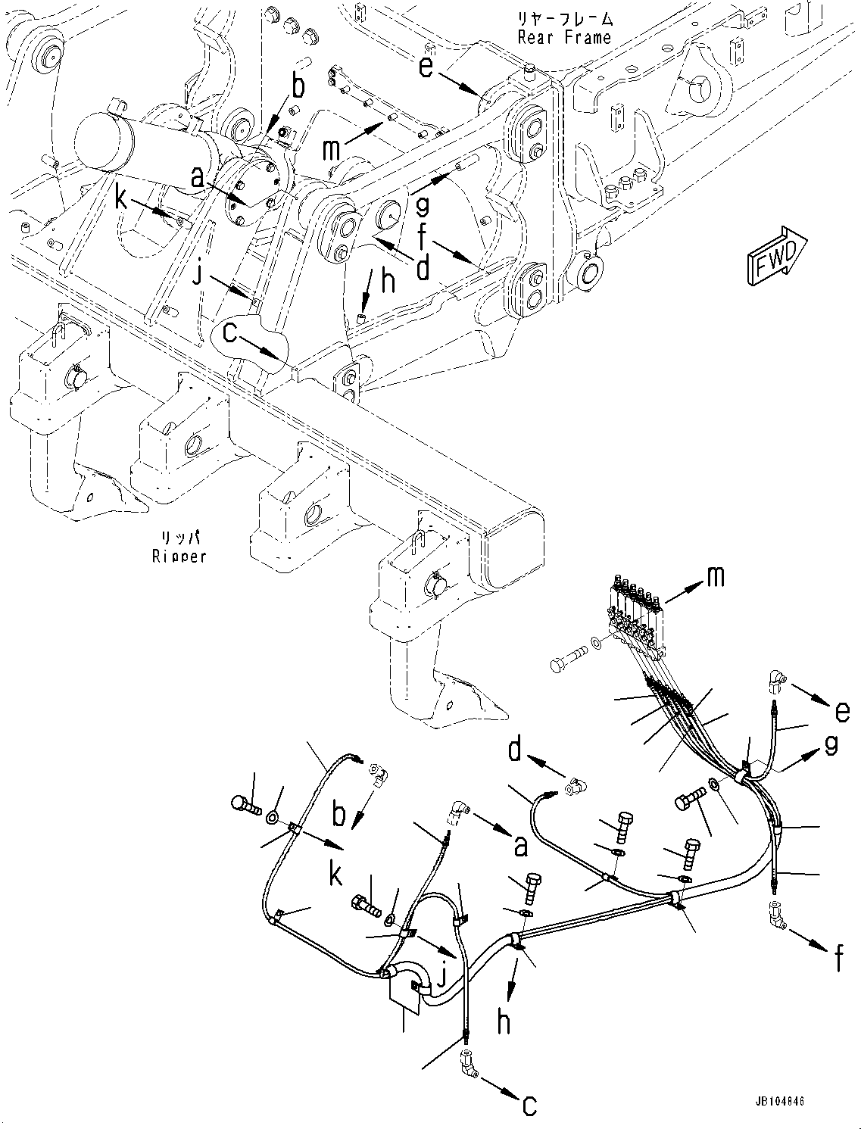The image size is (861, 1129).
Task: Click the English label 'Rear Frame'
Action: coord(563,37)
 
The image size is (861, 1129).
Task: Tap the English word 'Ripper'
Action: coord(179,557)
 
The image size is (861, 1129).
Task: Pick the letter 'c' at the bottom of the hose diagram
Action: coord(529,1105)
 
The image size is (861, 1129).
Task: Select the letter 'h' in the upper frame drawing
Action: coord(388,282)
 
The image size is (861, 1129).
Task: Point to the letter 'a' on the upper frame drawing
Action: coord(197,179)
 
